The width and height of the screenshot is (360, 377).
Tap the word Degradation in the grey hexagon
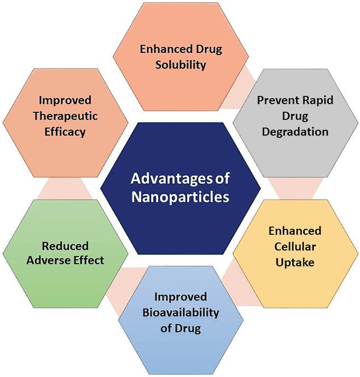[x=296, y=131]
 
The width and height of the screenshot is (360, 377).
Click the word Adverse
[x=52, y=261]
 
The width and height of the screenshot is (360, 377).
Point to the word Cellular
[x=296, y=246]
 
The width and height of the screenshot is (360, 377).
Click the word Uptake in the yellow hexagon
[x=296, y=261]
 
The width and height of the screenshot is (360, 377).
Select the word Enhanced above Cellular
[x=296, y=231]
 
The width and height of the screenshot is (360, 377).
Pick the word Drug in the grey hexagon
[x=296, y=116]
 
